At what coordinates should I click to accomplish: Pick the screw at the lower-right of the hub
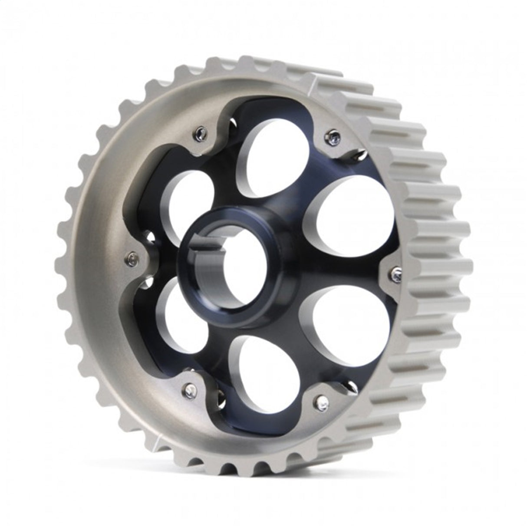pos(322,402)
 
